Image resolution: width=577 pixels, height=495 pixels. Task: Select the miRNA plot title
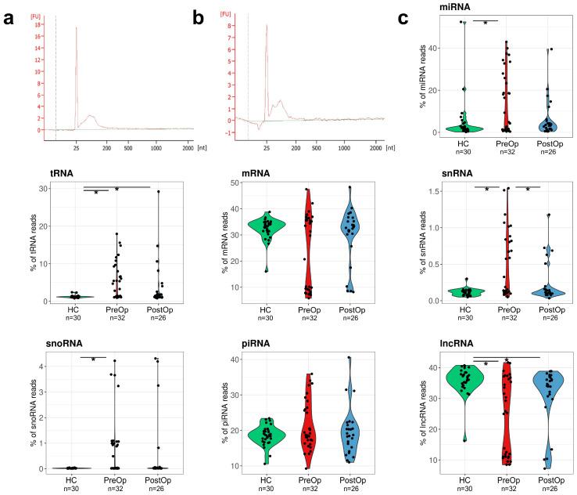click(x=433, y=6)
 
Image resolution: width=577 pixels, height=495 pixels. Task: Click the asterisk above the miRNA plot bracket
click(x=486, y=22)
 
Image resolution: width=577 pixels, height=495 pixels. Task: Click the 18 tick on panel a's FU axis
click(x=37, y=25)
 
